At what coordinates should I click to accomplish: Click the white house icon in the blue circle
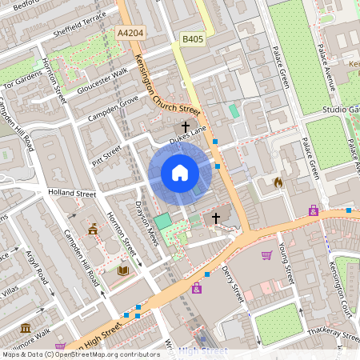(x=180, y=172)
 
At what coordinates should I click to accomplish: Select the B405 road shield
(x=192, y=38)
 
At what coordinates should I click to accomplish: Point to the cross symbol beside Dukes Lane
(x=185, y=127)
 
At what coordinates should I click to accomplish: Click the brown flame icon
(x=278, y=182)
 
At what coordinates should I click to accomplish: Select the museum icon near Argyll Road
(x=26, y=328)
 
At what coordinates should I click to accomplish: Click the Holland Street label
(x=72, y=194)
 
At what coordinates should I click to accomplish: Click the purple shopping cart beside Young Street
(x=266, y=255)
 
